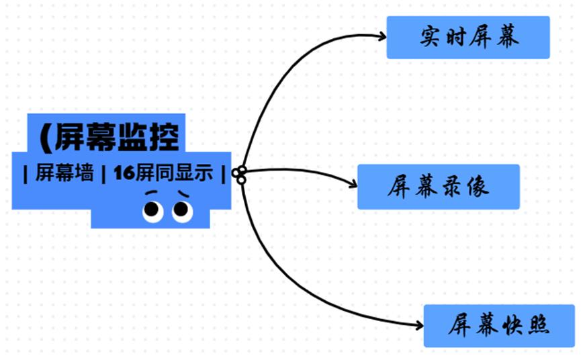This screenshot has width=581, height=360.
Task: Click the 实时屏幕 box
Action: coord(468,38)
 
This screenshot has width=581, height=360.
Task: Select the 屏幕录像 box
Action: coord(438,187)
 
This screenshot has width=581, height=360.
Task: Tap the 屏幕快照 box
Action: coord(499,326)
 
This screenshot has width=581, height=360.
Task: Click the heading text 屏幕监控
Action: coord(118,138)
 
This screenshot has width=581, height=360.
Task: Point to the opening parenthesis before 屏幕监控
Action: coord(45,138)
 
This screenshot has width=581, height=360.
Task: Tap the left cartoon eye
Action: coord(152,211)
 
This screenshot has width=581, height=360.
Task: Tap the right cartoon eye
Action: coord(182,211)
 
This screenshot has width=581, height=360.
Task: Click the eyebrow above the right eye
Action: coord(182,195)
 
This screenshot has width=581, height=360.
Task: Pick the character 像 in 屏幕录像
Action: coord(479,187)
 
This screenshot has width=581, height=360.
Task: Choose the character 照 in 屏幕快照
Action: coord(539,326)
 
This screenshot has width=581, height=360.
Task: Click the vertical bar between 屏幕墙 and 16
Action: coord(103,173)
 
